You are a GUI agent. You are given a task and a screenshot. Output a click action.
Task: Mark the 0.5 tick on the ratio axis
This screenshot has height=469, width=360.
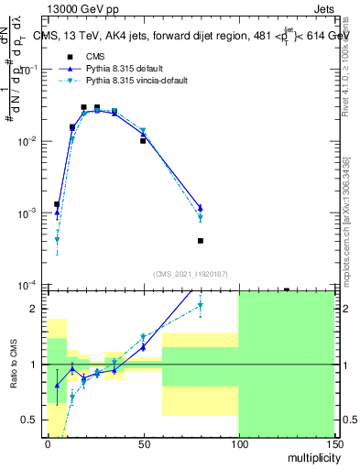tap(33, 420)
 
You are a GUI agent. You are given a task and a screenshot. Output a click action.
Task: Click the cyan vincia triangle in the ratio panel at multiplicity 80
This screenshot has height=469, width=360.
tap(200, 305)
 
